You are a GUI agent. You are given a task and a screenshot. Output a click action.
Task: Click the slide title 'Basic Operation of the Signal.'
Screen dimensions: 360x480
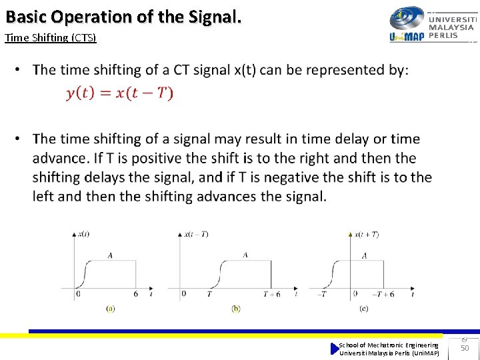(123, 16)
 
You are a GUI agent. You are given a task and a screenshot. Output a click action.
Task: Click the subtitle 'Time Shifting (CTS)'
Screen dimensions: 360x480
(51, 37)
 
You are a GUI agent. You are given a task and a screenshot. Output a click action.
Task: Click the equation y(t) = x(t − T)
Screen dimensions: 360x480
(120, 93)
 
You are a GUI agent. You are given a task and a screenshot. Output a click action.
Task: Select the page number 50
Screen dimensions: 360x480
(465, 348)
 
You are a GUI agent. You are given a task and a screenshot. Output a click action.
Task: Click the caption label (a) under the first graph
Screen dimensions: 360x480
(111, 308)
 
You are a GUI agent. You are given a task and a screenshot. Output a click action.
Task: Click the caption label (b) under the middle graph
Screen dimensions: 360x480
(236, 308)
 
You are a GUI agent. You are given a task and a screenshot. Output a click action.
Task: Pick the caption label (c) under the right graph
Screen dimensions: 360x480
(363, 308)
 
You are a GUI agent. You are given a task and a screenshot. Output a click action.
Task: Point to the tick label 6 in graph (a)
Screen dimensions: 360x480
(136, 294)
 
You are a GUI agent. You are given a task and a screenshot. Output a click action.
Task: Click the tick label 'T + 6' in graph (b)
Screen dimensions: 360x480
(271, 294)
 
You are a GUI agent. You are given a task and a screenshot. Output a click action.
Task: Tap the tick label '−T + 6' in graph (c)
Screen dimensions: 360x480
(383, 294)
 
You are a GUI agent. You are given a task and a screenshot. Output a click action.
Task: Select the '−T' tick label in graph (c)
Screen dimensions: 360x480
(322, 294)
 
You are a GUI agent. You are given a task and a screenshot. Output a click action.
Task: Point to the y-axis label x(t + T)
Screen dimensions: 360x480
(367, 234)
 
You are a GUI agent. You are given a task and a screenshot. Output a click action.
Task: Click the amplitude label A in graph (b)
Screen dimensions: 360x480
(245, 255)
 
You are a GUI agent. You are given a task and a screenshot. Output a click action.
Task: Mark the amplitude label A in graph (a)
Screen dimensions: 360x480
(109, 255)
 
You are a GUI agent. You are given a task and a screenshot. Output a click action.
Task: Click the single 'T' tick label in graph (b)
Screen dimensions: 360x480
(209, 294)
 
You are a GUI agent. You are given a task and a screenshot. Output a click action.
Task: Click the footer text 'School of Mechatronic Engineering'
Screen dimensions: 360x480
(389, 345)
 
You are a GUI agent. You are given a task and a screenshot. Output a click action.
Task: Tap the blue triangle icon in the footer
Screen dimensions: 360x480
(335, 349)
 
